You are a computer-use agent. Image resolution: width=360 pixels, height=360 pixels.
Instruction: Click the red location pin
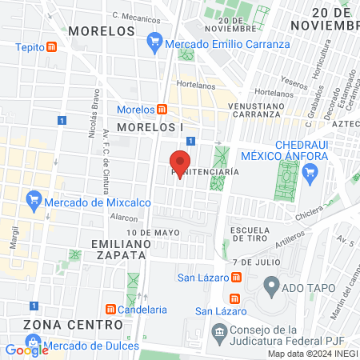pos(180,163)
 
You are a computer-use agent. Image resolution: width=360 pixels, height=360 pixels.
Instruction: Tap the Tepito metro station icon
pos(52,46)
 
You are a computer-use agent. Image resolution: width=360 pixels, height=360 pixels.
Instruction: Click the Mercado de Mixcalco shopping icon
pos(33,198)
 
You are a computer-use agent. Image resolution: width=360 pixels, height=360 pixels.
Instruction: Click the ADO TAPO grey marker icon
pos(271,285)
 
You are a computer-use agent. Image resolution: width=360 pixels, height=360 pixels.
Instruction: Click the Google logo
pos(27,350)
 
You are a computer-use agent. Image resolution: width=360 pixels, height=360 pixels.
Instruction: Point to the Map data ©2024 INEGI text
pos(312,354)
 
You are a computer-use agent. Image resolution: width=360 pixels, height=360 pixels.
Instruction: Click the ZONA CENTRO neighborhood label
pos(73,325)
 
